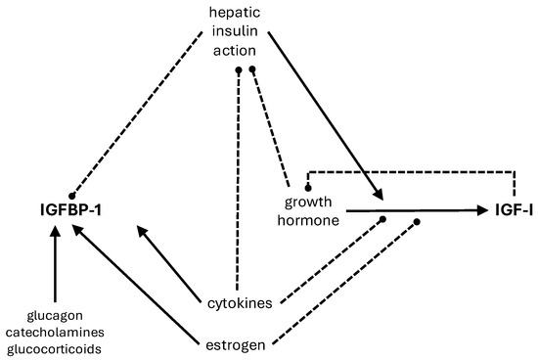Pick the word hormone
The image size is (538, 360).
coord(310,221)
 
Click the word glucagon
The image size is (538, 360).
coord(55,315)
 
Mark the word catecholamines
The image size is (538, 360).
coord(55,332)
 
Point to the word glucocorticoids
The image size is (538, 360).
coord(55,348)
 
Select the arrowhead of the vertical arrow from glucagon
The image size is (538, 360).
coord(55,233)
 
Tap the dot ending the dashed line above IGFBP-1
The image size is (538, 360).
coord(71,196)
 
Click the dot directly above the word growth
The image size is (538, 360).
coord(308,186)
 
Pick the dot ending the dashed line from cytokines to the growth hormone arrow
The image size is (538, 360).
coord(383,220)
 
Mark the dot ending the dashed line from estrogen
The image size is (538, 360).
coord(418,221)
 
